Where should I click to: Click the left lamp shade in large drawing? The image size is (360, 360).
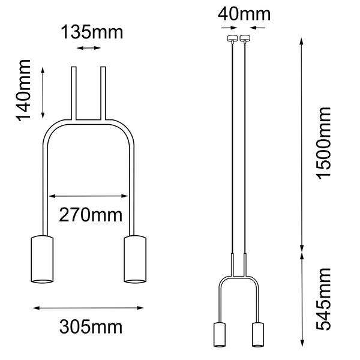coord(42,259)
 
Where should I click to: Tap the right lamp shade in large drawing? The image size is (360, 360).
coord(135,259)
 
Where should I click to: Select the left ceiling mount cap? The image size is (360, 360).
coord(229,39)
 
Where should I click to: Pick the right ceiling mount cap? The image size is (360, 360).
coord(245,39)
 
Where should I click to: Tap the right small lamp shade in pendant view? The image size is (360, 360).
coord(259,334)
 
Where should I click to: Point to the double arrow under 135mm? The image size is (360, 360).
coord(89,49)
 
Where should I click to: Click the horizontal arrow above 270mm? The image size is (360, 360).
coord(89,196)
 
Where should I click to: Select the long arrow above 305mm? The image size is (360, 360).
coord(89,308)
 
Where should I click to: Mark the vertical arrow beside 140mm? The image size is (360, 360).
coord(43,92)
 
